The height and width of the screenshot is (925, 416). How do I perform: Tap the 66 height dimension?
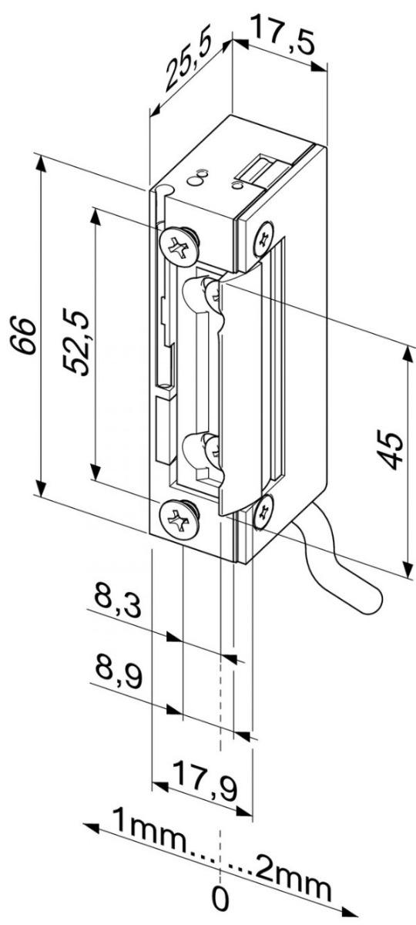point(27,333)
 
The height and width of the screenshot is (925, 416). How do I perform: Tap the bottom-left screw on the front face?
point(178,520)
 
